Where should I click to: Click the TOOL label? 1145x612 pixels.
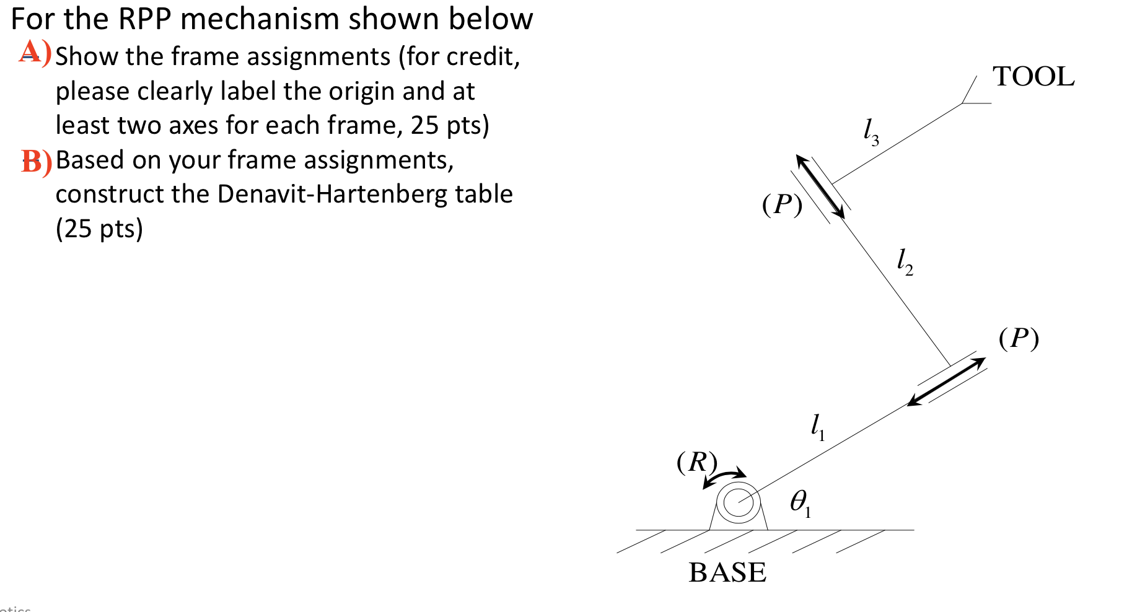(x=1033, y=77)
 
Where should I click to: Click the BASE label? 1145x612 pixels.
(x=727, y=572)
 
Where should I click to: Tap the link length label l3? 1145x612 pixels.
(x=871, y=132)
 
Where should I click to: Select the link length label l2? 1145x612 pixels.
(x=905, y=261)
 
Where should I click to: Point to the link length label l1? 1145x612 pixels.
(x=818, y=427)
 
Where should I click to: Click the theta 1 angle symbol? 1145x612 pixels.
(x=800, y=502)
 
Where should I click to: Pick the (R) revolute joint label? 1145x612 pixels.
(x=697, y=461)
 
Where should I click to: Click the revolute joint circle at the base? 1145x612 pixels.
(x=739, y=502)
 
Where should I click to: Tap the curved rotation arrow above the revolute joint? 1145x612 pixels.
(x=724, y=478)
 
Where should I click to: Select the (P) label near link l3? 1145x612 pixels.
(x=782, y=204)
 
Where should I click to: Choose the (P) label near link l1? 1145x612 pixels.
(x=1019, y=338)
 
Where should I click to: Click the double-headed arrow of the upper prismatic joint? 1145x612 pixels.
(x=820, y=186)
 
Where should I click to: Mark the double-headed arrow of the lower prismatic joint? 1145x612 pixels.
(x=946, y=382)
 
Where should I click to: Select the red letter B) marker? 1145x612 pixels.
(x=36, y=162)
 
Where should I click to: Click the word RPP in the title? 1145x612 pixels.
(x=144, y=19)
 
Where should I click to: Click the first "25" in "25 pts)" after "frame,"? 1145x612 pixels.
(x=424, y=126)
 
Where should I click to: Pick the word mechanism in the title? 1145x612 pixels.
(x=260, y=19)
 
